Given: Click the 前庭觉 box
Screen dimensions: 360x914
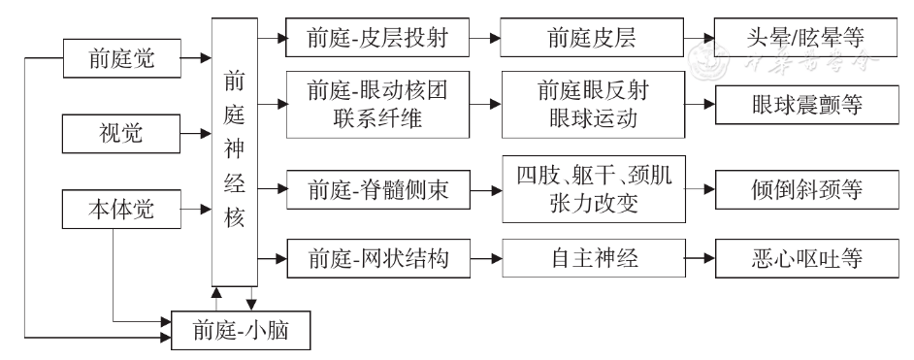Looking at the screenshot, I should coord(121,60).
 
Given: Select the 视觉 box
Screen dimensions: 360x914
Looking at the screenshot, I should coord(121,132).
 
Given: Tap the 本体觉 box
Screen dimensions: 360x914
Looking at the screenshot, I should coord(121,207).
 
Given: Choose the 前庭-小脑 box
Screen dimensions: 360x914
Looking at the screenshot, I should coord(243,331).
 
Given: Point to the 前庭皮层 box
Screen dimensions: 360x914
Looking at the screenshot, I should coord(593,42).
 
